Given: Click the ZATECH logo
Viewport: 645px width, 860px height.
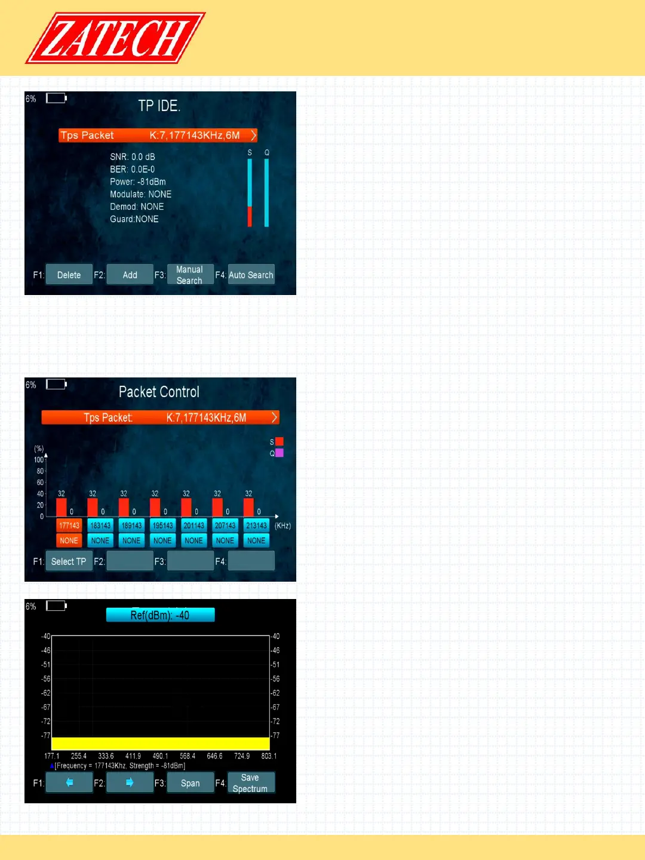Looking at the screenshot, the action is click(115, 38).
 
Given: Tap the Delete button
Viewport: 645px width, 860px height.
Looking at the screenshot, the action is click(69, 275).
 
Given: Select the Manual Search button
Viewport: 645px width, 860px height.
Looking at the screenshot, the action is click(190, 275).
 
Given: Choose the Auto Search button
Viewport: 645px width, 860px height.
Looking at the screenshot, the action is click(251, 275).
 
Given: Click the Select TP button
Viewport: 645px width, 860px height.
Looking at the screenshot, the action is click(69, 561).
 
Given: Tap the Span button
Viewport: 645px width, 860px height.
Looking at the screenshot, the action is click(190, 783).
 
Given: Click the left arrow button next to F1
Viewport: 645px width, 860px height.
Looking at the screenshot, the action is click(69, 782).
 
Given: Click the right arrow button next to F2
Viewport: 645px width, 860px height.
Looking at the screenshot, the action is click(130, 782).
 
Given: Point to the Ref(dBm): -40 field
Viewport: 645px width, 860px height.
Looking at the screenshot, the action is click(160, 615).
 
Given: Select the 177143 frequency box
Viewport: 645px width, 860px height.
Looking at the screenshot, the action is click(69, 526).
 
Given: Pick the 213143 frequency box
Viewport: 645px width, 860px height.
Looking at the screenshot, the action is click(256, 526).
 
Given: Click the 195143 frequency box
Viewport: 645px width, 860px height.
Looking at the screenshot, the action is click(162, 526).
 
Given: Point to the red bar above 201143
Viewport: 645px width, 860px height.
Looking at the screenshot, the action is click(186, 507).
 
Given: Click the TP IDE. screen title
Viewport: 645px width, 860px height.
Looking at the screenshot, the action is click(159, 106).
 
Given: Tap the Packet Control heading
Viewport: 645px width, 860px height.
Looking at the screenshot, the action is click(159, 392).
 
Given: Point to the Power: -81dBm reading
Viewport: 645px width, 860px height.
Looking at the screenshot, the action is click(138, 182).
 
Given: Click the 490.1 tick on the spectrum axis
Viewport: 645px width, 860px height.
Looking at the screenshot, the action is click(160, 756).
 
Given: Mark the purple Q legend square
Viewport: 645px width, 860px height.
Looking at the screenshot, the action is click(279, 453).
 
